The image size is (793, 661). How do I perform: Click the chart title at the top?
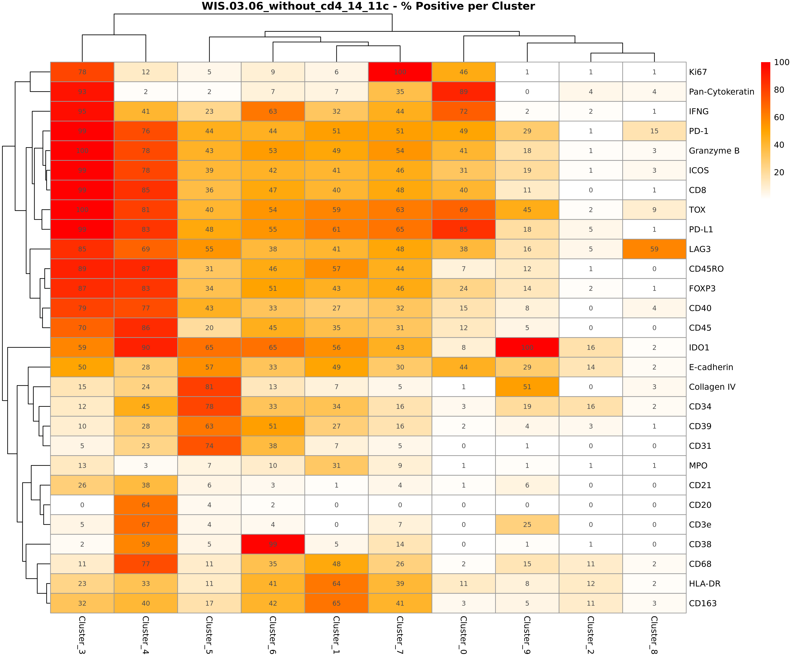pos(368,6)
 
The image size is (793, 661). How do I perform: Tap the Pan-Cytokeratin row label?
pos(721,92)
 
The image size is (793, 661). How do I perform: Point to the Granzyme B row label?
pos(714,151)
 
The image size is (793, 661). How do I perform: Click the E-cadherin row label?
pos(711,367)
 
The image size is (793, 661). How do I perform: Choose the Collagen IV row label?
pos(712,387)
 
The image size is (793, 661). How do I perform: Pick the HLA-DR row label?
pos(704,584)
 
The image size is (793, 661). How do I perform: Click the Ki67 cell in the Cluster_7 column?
pos(400,72)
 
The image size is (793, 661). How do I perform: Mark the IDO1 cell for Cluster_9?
pos(527,347)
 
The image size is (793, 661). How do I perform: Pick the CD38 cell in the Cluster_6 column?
pos(273,544)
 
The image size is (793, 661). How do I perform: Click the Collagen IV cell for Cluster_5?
pos(209,387)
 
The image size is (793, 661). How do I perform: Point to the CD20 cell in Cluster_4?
pos(146,505)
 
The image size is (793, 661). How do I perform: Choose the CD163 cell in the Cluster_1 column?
pos(336,603)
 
